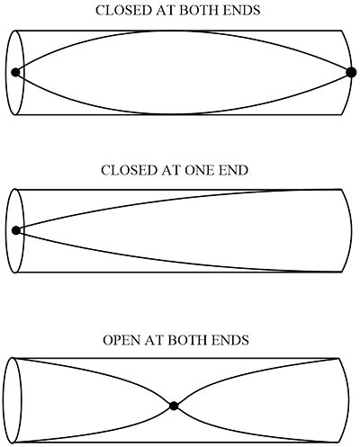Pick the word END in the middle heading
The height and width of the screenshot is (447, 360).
pyautogui.click(x=233, y=170)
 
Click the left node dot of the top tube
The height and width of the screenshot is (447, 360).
pyautogui.click(x=15, y=72)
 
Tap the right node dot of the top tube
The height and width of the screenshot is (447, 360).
pyautogui.click(x=351, y=72)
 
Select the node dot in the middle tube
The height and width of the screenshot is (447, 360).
pyautogui.click(x=16, y=230)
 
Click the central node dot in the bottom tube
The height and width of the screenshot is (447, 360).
pyautogui.click(x=174, y=406)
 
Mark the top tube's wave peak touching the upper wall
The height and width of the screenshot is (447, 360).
pyautogui.click(x=174, y=31)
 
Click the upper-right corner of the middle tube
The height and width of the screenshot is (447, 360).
pyautogui.click(x=341, y=189)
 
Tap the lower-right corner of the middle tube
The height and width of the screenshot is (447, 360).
pyautogui.click(x=341, y=272)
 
